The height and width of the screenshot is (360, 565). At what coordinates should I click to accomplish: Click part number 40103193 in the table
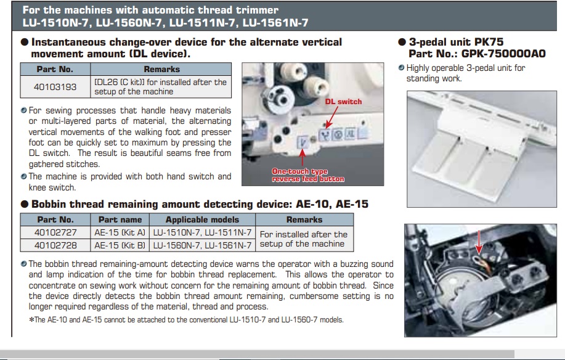pos(55,87)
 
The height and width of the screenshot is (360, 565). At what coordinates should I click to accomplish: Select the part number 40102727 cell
pos(55,232)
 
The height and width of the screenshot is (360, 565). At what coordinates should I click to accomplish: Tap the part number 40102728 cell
pos(55,245)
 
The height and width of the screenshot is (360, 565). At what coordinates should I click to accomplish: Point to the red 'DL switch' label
pos(344,101)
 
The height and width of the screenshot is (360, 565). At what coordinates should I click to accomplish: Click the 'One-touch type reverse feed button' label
pos(308,175)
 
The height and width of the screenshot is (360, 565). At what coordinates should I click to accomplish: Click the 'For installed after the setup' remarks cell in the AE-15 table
pos(304,239)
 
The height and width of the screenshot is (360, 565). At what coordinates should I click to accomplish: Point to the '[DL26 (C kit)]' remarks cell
pos(160,87)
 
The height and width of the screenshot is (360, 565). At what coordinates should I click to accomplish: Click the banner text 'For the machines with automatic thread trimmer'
pos(150,10)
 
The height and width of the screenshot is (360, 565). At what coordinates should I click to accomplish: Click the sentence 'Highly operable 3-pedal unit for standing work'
pos(466,73)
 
